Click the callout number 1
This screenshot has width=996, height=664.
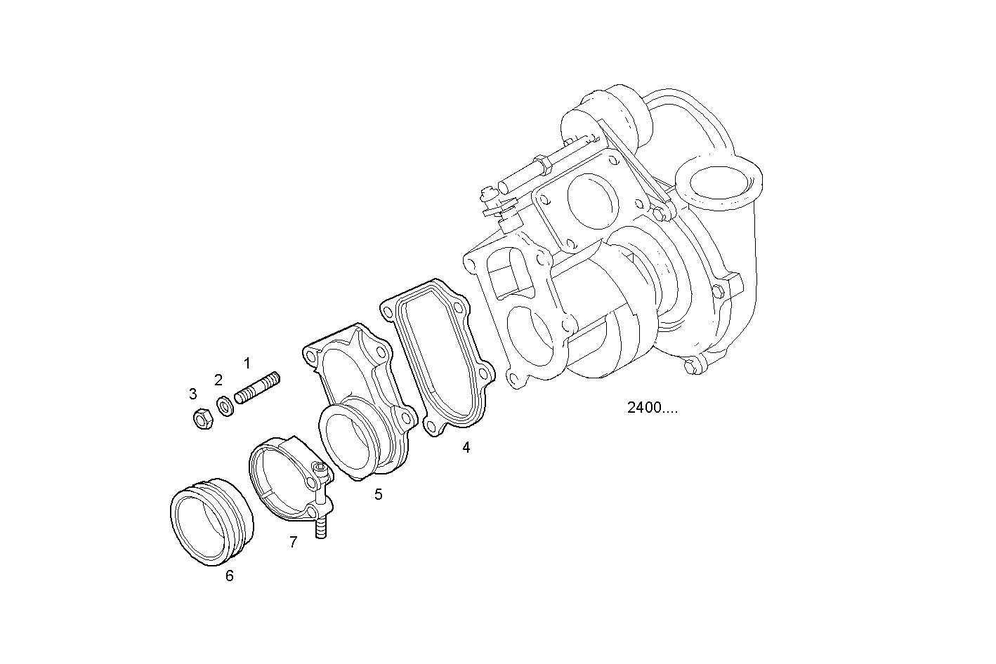click(x=247, y=363)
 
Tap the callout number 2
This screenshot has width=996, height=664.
click(x=218, y=380)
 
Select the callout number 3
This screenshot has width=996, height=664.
click(x=193, y=394)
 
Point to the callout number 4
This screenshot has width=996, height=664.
click(x=466, y=447)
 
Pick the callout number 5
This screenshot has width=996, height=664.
click(x=378, y=494)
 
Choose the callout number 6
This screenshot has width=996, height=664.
click(x=229, y=576)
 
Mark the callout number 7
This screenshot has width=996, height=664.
click(x=293, y=541)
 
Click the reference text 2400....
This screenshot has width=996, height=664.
click(x=652, y=408)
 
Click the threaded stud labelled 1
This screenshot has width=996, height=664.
click(x=257, y=388)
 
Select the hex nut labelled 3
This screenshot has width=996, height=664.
click(x=202, y=419)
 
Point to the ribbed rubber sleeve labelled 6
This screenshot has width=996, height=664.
click(x=210, y=520)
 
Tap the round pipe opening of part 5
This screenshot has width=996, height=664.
click(x=349, y=441)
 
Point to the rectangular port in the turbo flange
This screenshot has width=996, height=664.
click(x=507, y=275)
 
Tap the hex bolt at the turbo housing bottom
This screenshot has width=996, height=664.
click(x=693, y=364)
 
